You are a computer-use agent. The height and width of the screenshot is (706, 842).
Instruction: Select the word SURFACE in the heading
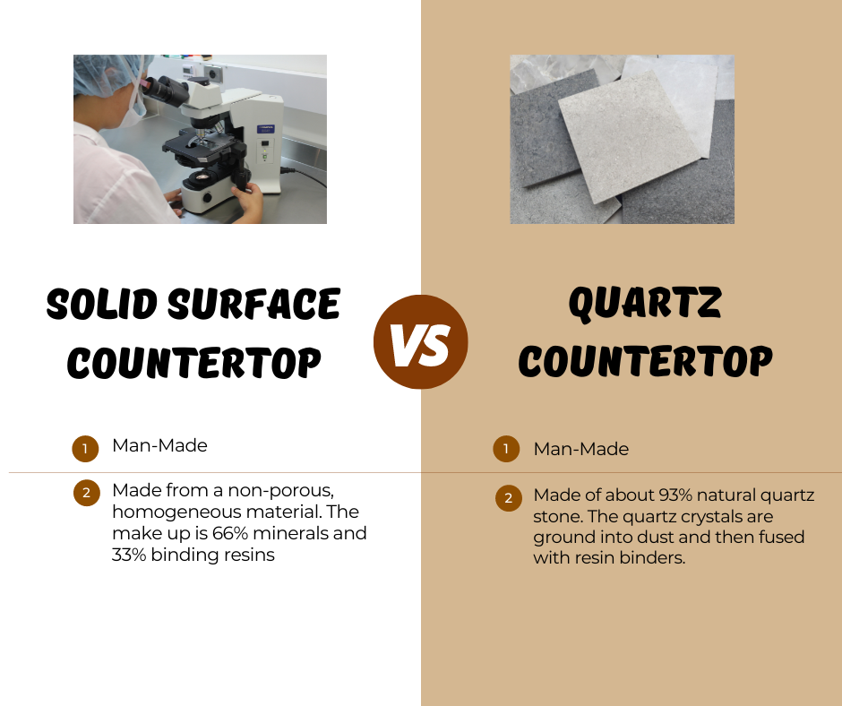pyautogui.click(x=264, y=305)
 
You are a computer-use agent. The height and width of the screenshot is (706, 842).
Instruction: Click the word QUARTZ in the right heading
pyautogui.click(x=645, y=305)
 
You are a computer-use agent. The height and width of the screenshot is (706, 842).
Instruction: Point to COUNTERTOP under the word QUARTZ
pyautogui.click(x=645, y=362)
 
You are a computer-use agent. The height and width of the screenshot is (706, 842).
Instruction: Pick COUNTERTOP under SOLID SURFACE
pyautogui.click(x=193, y=362)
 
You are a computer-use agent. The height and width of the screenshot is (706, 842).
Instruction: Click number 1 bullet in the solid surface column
pyautogui.click(x=85, y=449)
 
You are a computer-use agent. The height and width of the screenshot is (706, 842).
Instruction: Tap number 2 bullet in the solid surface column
pyautogui.click(x=85, y=493)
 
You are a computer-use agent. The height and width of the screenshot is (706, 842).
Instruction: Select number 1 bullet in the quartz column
pyautogui.click(x=506, y=449)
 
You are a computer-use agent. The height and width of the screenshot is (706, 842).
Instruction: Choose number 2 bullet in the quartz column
pyautogui.click(x=508, y=498)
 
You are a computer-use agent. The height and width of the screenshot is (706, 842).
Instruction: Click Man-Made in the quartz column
pyautogui.click(x=581, y=449)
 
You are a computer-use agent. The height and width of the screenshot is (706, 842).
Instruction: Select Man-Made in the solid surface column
pyautogui.click(x=159, y=445)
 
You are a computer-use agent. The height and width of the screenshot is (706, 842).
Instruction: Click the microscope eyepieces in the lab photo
pyautogui.click(x=161, y=88)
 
